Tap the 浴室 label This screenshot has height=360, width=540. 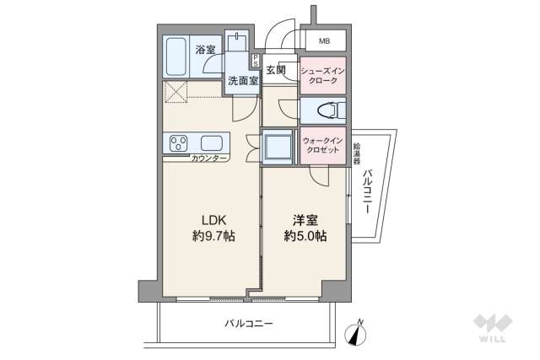coord(206,50)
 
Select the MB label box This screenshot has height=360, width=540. coord(324,40)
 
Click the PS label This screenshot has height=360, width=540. coord(256,61)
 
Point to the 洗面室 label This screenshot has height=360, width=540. coord(240,82)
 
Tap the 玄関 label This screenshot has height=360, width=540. coord(276,70)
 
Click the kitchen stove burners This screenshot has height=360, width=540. coord(180,142)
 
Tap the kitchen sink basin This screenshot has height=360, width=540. coord(211,142)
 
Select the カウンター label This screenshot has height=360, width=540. coord(208,158)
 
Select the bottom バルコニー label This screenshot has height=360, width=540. coord(249,324)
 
